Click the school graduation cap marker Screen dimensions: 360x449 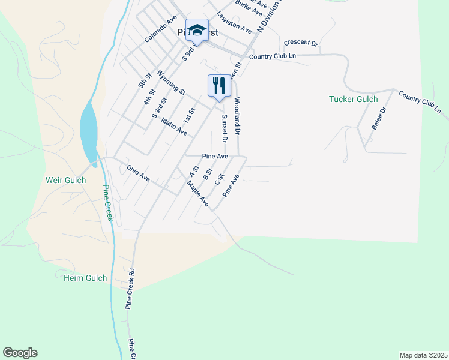197,30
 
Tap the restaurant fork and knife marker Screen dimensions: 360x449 219,85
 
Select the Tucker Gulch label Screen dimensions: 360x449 354,99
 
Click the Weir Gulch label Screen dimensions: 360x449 66,180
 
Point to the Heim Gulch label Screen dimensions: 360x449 85,278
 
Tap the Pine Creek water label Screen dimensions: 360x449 107,203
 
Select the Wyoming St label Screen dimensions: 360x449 171,82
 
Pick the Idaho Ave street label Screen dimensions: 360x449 174,126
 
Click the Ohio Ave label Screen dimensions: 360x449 137,173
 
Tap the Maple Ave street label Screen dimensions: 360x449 198,196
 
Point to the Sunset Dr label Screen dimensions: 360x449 224,128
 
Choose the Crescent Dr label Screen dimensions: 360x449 301,43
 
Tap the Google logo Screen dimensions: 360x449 20,353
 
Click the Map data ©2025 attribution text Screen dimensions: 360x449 423,355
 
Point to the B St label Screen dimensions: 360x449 208,175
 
